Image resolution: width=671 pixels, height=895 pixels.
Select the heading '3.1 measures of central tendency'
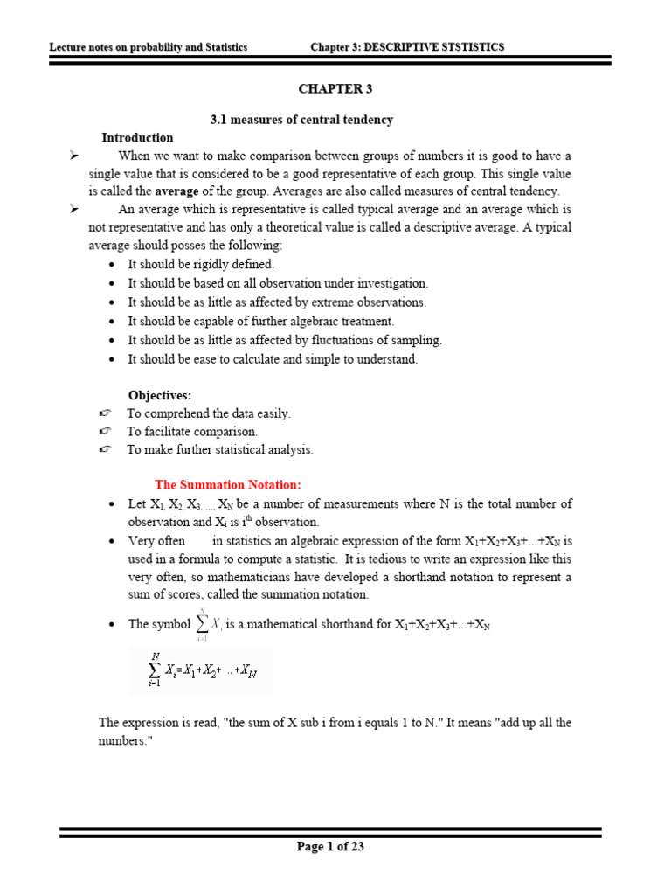[x=302, y=120]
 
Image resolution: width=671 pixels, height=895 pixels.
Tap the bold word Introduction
[x=137, y=138]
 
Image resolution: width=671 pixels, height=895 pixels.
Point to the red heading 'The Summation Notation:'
[x=227, y=485]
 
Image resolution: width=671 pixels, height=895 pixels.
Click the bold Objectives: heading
[x=160, y=395]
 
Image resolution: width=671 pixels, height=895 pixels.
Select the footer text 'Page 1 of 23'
[x=330, y=846]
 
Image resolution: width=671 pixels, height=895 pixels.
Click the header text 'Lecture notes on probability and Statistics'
[x=148, y=47]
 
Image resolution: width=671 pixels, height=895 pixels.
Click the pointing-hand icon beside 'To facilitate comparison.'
[x=105, y=432]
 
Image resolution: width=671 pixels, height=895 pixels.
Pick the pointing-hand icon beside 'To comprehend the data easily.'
[x=105, y=413]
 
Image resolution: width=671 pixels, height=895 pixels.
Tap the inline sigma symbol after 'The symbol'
[x=203, y=624]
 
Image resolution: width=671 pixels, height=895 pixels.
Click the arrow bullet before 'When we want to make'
[x=74, y=156]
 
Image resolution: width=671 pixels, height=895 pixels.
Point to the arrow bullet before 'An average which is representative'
[x=74, y=210]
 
